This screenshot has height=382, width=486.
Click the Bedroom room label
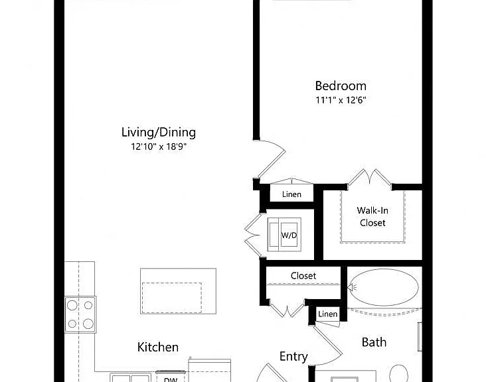click(x=341, y=86)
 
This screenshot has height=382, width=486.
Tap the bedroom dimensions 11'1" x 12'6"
click(x=341, y=100)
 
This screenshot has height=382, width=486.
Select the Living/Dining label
click(x=159, y=132)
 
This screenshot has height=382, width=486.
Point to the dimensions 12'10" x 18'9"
click(x=159, y=147)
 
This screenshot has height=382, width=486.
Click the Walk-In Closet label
click(x=372, y=217)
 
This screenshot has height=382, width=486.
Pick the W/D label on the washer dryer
click(x=289, y=235)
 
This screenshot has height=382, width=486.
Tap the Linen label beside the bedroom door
click(x=291, y=194)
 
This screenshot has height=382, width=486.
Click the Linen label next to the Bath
click(x=327, y=314)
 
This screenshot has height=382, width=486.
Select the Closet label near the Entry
click(x=303, y=276)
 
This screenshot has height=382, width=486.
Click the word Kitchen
click(x=158, y=347)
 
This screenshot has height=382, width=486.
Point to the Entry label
click(x=293, y=357)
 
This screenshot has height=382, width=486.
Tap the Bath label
click(x=374, y=342)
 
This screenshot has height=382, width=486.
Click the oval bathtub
click(x=384, y=287)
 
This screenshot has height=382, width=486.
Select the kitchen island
click(x=178, y=291)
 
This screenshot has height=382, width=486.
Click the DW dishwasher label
click(x=171, y=379)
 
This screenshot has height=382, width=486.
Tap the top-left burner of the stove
click(x=72, y=306)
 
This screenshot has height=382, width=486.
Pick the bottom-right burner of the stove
click(x=88, y=324)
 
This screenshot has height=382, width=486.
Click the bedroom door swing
click(x=270, y=159)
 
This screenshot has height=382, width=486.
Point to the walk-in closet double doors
click(x=369, y=178)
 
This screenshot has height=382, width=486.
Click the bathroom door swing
click(x=328, y=344)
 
